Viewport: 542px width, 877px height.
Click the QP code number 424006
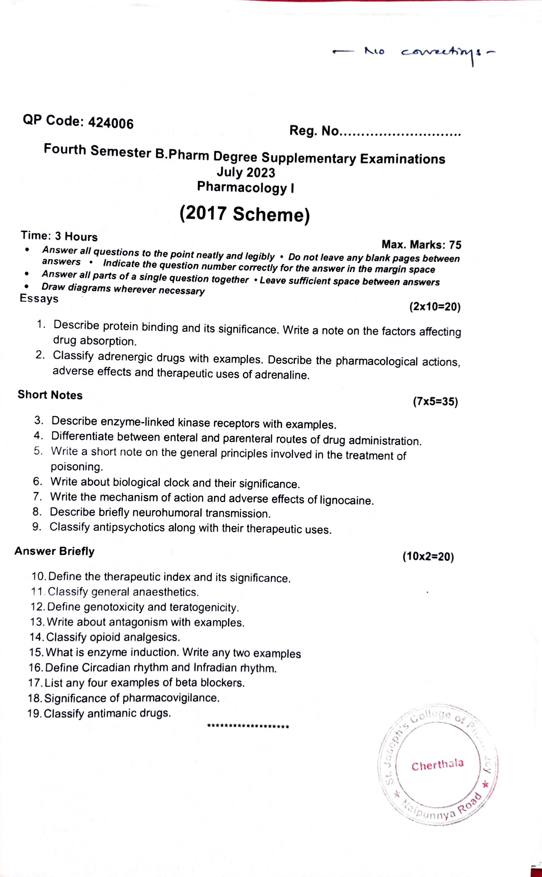pos(111,123)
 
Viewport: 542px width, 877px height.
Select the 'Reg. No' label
pos(314,131)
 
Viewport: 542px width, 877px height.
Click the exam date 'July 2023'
pos(246,172)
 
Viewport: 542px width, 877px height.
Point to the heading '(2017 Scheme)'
pos(244,214)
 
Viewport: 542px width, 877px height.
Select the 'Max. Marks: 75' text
pos(421,245)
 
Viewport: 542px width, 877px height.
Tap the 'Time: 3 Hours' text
pos(59,236)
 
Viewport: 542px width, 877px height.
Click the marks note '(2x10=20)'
pos(435,307)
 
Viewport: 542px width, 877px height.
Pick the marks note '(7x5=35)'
pos(435,401)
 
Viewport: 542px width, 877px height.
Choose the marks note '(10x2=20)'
pos(428,557)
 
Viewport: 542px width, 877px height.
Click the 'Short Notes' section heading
pos(50,395)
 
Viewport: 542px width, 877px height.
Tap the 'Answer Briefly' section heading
pos(55,551)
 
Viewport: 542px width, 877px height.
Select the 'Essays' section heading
pos(39,298)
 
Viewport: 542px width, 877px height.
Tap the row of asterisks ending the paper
pos(248,726)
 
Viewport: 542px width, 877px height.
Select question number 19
pos(34,713)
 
